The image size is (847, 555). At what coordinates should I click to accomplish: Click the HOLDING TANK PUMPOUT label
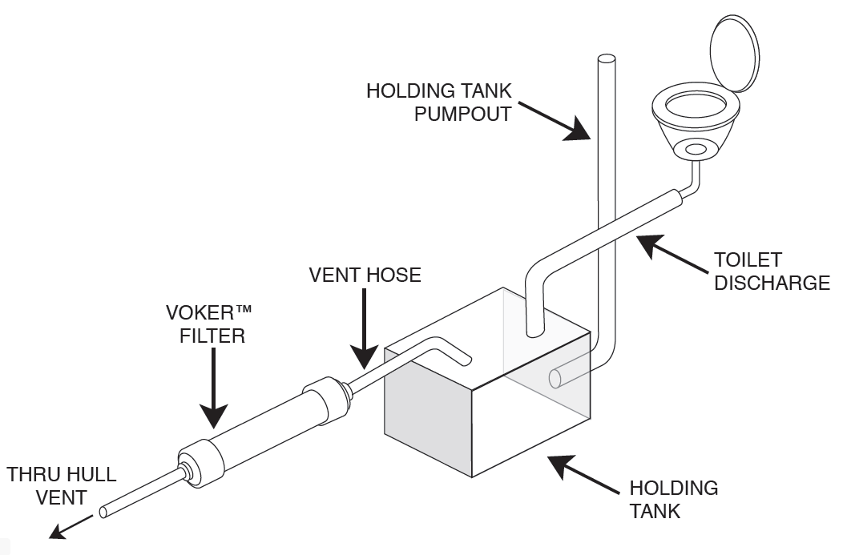438,102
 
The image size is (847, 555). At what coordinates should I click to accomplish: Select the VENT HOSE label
365,275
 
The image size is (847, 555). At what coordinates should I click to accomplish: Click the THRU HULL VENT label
62,485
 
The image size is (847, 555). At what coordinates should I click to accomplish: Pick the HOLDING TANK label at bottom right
673,499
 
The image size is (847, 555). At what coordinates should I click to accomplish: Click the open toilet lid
733,54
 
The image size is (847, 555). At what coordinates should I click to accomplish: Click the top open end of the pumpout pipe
606,59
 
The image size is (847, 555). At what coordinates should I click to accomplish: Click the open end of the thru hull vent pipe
104,512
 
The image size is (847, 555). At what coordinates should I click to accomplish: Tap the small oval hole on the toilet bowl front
695,149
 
